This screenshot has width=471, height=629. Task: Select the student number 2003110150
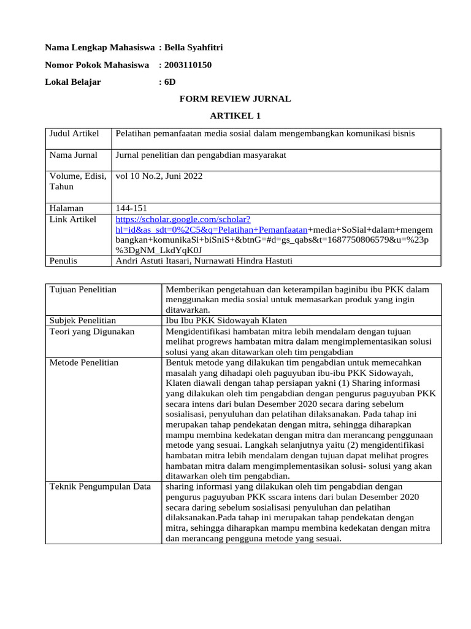tap(188, 64)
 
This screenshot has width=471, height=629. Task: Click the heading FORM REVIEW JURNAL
tap(235, 99)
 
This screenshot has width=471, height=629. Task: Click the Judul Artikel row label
tap(74, 133)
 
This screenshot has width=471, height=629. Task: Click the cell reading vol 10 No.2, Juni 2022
tap(159, 176)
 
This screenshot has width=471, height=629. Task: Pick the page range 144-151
tap(131, 208)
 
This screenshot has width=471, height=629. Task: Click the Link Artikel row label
tap(73, 219)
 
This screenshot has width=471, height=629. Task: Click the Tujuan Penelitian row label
tap(83, 289)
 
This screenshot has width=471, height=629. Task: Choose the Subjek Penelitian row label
tap(83, 320)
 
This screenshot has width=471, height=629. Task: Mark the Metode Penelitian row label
tap(84, 362)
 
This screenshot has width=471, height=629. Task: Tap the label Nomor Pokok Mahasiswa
tap(98, 64)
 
